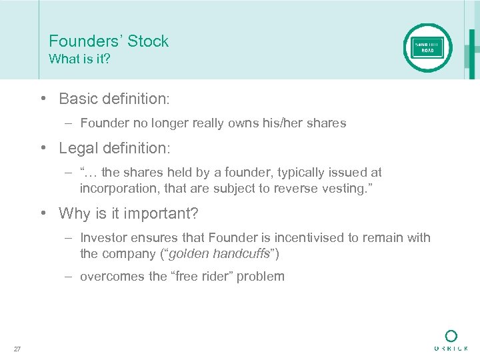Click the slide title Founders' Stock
click(x=109, y=41)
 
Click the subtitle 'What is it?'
click(x=79, y=59)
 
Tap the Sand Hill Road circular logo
click(x=427, y=48)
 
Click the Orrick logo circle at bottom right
click(x=451, y=335)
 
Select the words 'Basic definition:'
click(x=115, y=99)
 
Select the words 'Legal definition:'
click(x=115, y=147)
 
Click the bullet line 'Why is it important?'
click(x=129, y=213)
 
